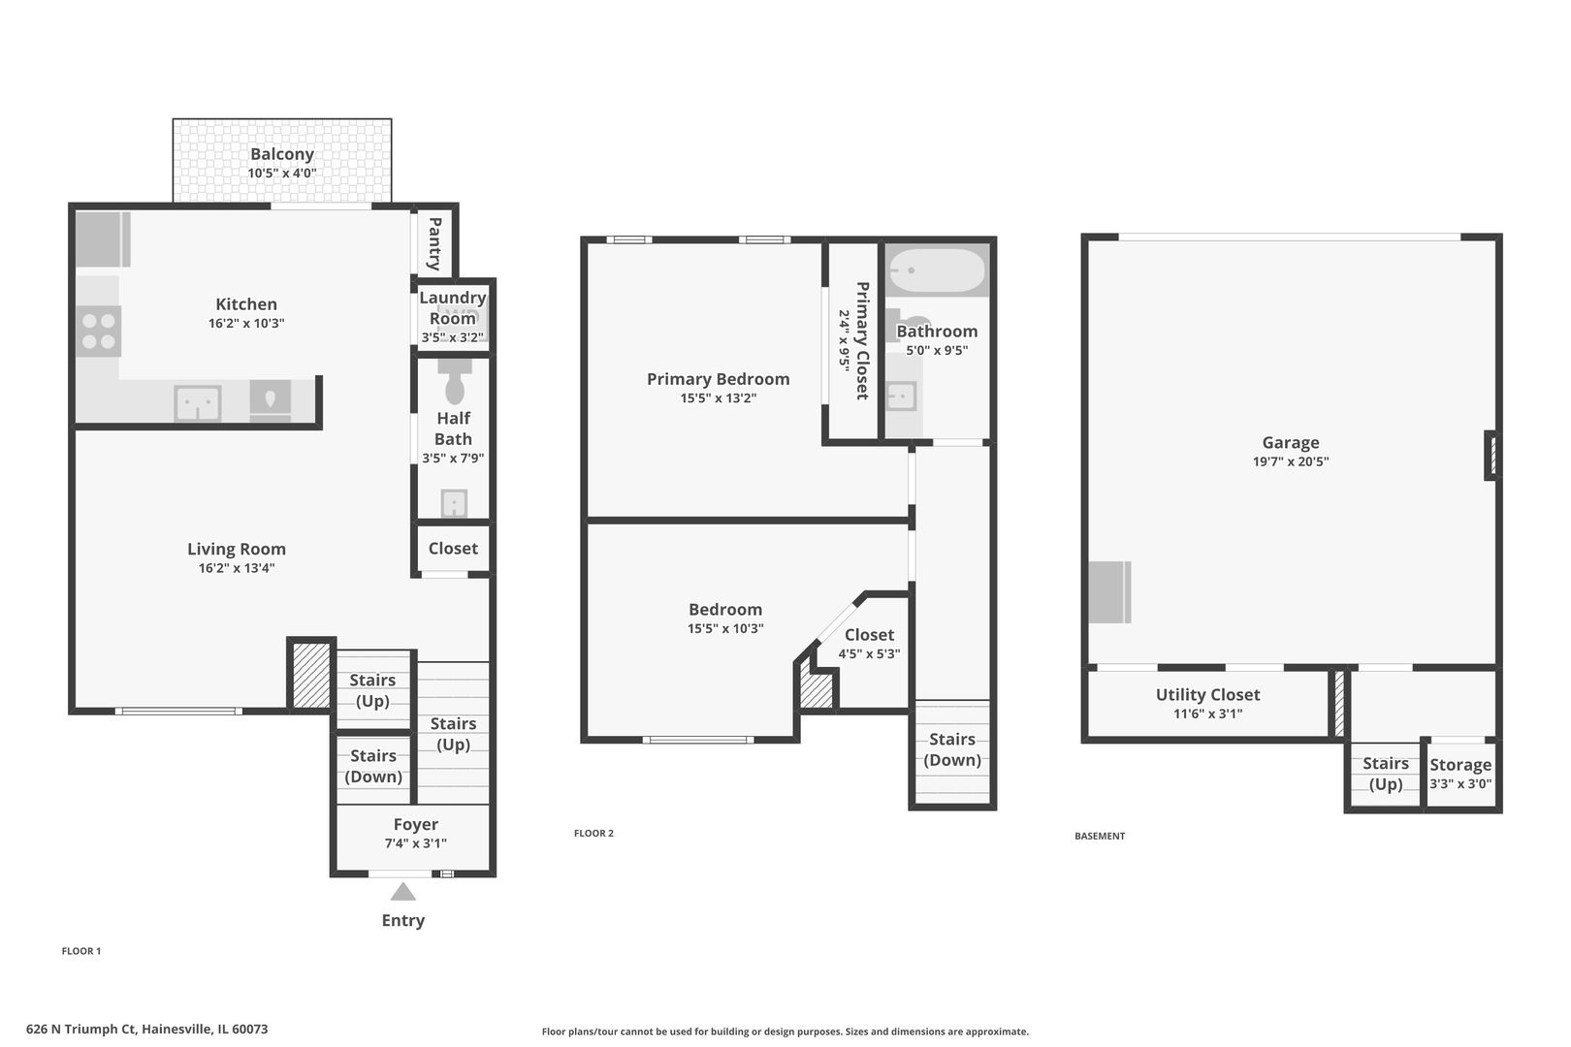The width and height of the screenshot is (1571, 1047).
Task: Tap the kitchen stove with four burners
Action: click(x=98, y=331)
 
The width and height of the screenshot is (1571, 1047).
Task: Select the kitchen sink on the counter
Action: click(x=198, y=403)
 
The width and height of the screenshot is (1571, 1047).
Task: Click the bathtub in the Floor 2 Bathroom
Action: click(x=936, y=270)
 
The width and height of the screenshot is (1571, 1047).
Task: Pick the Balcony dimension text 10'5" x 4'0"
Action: click(x=282, y=174)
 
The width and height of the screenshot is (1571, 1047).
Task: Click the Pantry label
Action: click(x=434, y=243)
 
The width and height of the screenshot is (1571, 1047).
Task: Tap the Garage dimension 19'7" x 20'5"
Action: click(x=1291, y=461)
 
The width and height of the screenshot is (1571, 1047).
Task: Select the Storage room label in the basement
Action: click(x=1460, y=764)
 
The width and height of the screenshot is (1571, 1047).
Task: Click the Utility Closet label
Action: click(x=1207, y=695)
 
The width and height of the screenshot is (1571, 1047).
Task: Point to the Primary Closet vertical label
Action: click(x=863, y=341)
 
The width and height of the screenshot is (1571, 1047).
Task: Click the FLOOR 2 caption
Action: click(x=593, y=833)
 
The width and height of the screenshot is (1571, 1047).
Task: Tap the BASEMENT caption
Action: click(x=1100, y=836)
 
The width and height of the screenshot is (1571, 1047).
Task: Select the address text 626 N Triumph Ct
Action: click(x=81, y=1029)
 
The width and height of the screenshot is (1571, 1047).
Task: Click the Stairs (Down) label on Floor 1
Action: click(x=373, y=766)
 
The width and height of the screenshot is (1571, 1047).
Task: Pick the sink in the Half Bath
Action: click(x=455, y=503)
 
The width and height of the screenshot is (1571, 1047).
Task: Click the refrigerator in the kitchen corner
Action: click(x=103, y=239)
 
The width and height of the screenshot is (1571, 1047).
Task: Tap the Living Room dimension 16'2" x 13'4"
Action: click(x=237, y=568)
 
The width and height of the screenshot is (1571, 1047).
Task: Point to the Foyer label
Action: click(x=416, y=824)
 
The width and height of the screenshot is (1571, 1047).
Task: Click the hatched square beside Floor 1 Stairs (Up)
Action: click(x=310, y=675)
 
